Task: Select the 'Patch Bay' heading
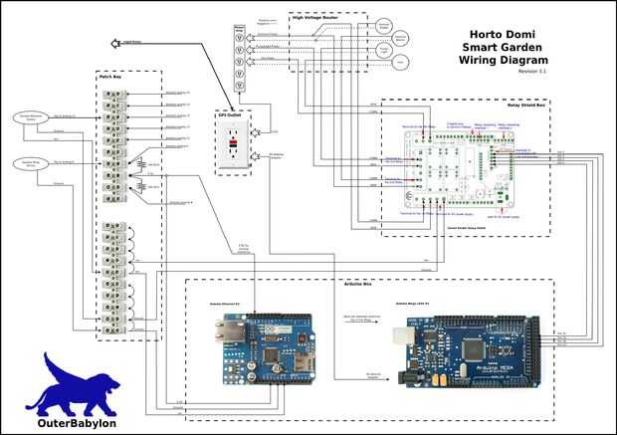(110, 76)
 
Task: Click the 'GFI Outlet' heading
(230, 114)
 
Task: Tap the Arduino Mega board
(468, 350)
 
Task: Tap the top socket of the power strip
(239, 32)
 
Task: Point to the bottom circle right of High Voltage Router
(397, 62)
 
